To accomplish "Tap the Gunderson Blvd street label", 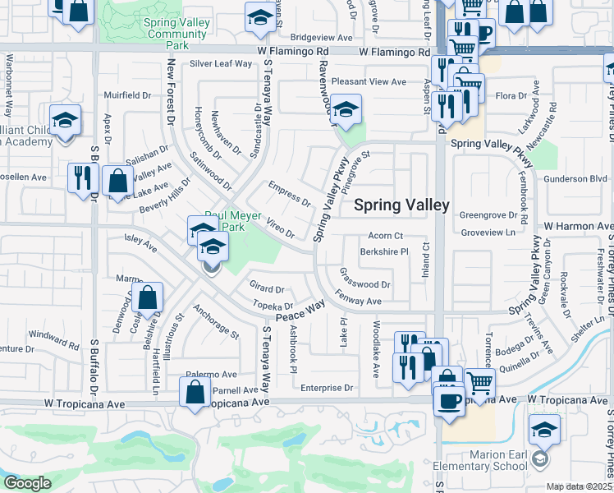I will (575, 178).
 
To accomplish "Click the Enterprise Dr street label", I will (326, 388).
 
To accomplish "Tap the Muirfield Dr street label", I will (128, 95).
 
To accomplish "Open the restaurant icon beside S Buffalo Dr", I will (83, 177).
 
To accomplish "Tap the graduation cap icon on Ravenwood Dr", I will (346, 110).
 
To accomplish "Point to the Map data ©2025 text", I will (579, 486).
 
